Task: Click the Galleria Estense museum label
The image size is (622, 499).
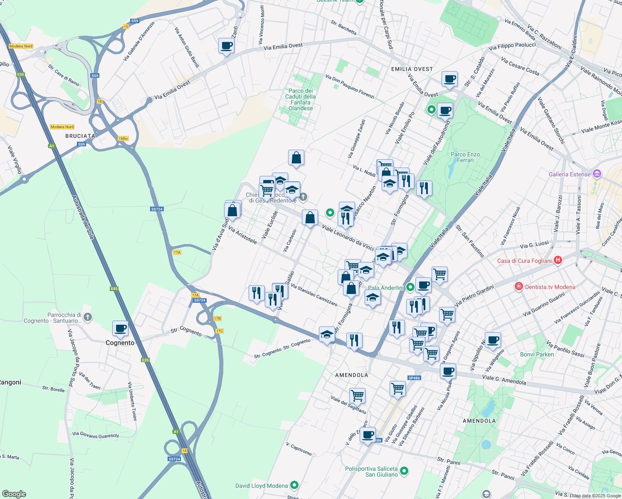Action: pyautogui.click(x=569, y=174)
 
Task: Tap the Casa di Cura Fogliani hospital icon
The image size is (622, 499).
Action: pyautogui.click(x=558, y=260)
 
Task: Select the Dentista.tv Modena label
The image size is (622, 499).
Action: pyautogui.click(x=550, y=287)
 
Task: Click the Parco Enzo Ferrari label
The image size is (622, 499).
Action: pyautogui.click(x=465, y=157)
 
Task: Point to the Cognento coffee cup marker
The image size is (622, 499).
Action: pyautogui.click(x=120, y=329)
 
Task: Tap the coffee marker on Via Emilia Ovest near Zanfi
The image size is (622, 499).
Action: pyautogui.click(x=226, y=45)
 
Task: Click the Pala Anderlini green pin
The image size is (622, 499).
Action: pyautogui.click(x=410, y=287)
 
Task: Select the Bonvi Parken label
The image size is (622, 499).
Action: pyautogui.click(x=537, y=354)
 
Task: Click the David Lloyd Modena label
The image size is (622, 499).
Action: pyautogui.click(x=262, y=486)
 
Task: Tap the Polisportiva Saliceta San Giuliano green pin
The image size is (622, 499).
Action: pyautogui.click(x=404, y=471)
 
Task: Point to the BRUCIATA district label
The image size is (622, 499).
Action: pyautogui.click(x=80, y=136)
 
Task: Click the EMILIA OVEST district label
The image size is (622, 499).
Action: pyautogui.click(x=412, y=69)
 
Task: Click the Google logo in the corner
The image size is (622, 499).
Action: pyautogui.click(x=14, y=494)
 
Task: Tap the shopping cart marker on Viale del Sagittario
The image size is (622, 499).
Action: pyautogui.click(x=357, y=395)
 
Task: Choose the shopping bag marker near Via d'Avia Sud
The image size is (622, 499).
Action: pyautogui.click(x=232, y=210)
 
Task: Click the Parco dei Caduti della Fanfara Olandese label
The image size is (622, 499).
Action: pyautogui.click(x=300, y=99)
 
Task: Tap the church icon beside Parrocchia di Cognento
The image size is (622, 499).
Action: pyautogui.click(x=87, y=317)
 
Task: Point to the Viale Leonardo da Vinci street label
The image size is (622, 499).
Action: pyautogui.click(x=348, y=237)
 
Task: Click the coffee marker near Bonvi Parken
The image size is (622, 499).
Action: pyautogui.click(x=493, y=340)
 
